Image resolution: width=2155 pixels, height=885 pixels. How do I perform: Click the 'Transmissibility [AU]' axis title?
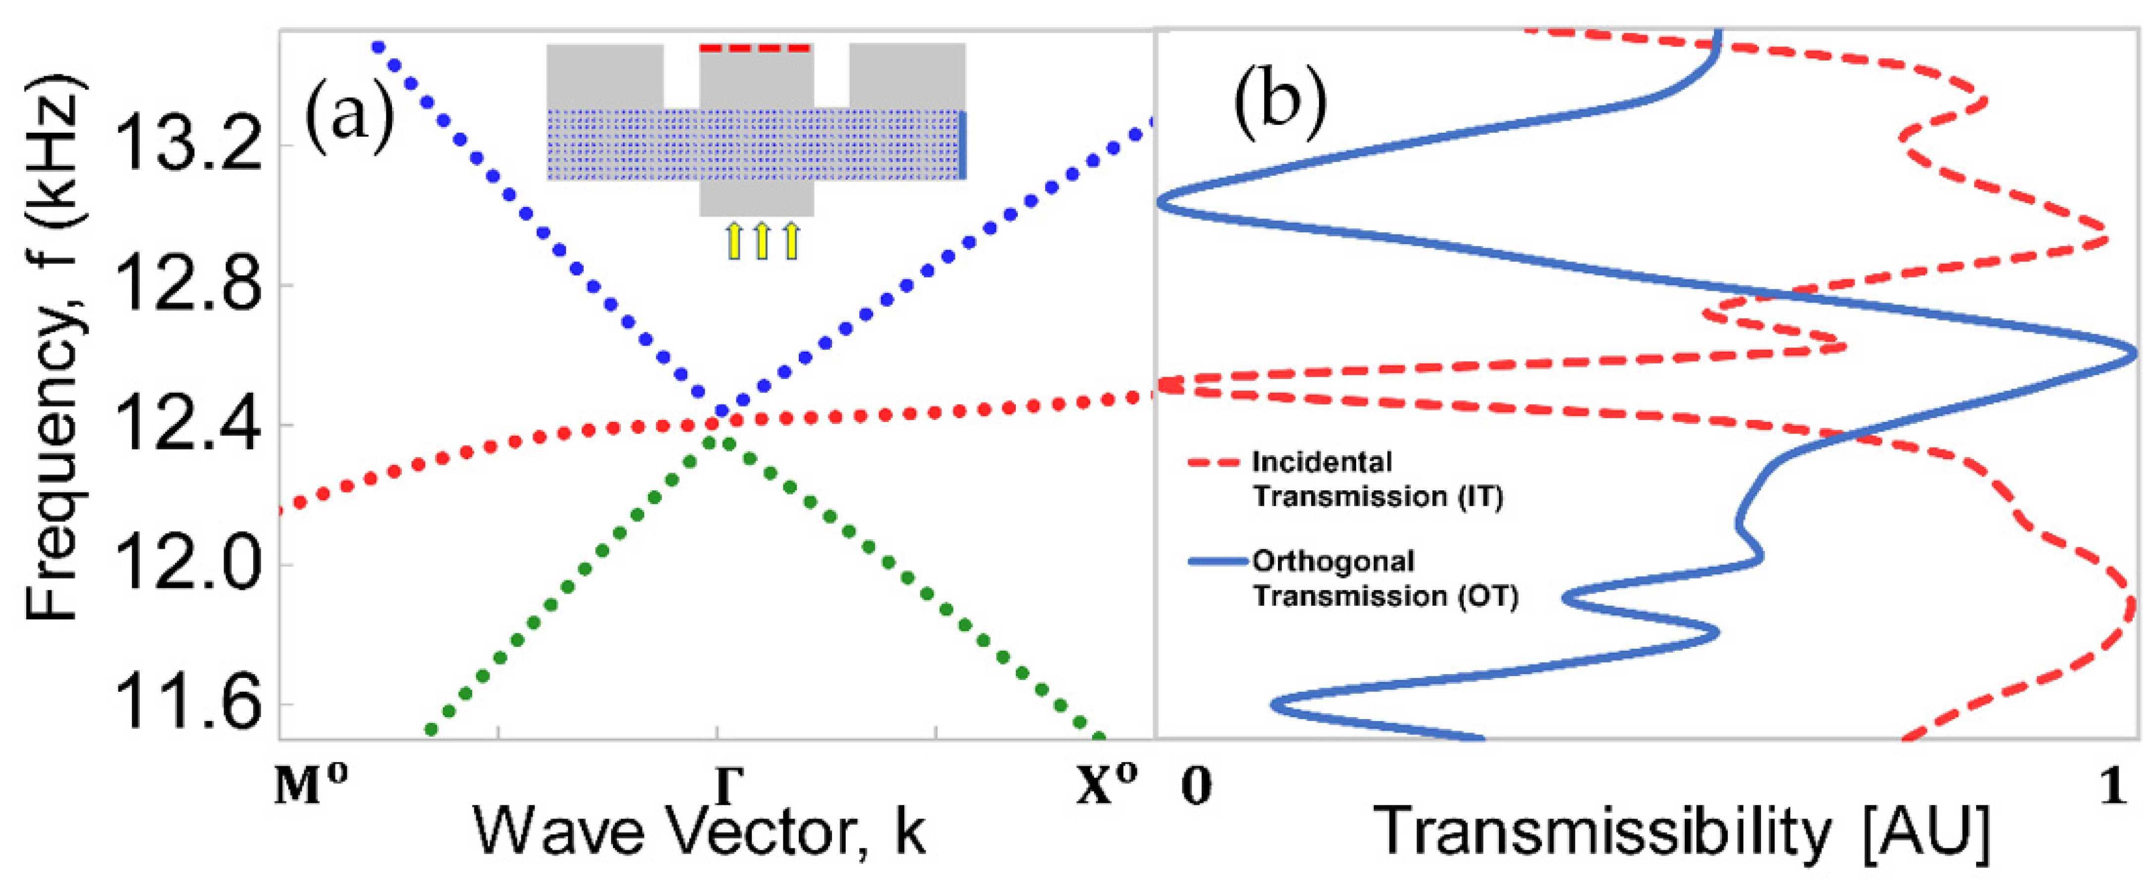1681,833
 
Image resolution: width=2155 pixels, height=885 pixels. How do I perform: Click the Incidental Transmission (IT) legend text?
1376,479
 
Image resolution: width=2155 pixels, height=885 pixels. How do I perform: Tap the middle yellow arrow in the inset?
761,241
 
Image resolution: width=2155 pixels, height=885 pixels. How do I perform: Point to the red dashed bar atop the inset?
756,49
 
